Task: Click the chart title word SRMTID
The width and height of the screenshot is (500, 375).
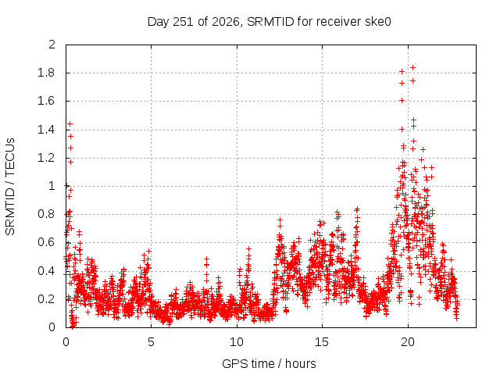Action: coord(270,22)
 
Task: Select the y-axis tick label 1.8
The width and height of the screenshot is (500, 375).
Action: coord(46,73)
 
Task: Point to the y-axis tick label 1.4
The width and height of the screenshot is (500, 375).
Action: coord(46,130)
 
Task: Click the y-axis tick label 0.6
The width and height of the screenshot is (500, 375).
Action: coord(46,242)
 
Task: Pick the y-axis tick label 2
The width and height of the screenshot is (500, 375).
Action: coord(52,45)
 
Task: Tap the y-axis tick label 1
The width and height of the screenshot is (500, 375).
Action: coord(52,186)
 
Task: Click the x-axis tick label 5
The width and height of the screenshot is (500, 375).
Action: coord(151,342)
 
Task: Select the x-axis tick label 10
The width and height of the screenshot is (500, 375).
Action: coord(237,342)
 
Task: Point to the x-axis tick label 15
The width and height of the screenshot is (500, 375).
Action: coord(322,342)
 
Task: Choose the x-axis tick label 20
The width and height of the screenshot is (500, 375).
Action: coord(408,342)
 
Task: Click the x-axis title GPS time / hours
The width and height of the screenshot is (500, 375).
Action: coord(269,364)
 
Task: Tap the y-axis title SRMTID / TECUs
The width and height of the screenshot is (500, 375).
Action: coord(10,187)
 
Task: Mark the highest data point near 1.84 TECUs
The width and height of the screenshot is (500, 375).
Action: coord(412,68)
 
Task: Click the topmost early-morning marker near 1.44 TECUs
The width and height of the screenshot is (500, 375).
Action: coord(70,123)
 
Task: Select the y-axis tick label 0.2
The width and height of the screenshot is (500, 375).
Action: coord(46,299)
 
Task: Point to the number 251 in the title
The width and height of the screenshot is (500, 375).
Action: coord(183,22)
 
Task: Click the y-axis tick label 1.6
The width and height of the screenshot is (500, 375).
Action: coord(46,101)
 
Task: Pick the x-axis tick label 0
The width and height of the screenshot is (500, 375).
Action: coord(66,342)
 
